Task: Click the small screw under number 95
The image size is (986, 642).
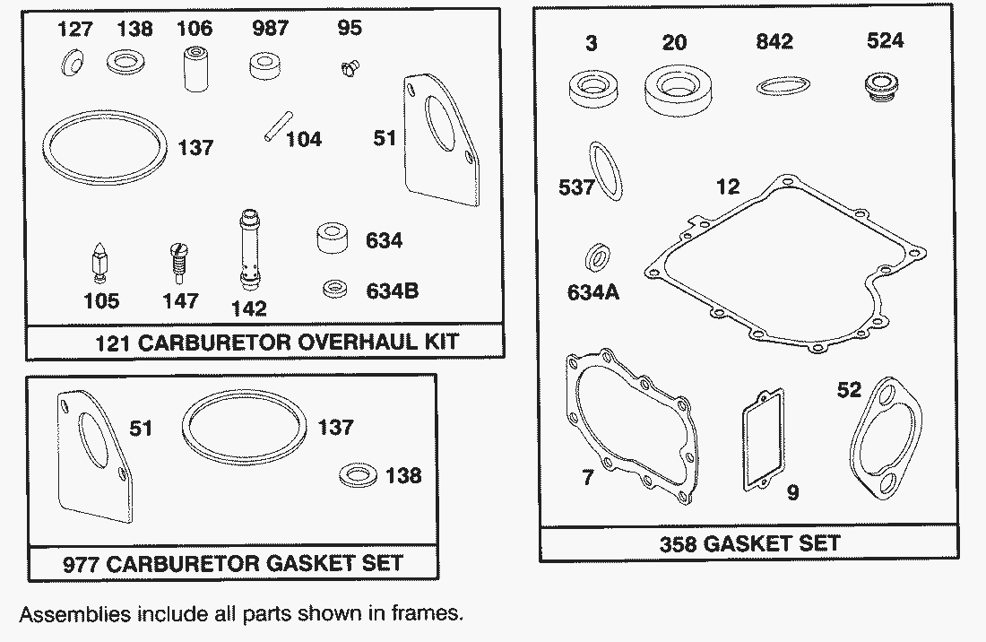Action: coord(349,67)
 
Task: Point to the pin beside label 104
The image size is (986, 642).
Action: coord(278,126)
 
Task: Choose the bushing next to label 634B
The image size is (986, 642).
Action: coord(334,290)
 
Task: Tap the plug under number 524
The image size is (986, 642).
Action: coord(882,87)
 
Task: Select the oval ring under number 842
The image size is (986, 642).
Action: coord(783,85)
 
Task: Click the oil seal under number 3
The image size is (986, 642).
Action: coord(592,89)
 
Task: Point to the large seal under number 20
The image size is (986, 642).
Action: coord(679,92)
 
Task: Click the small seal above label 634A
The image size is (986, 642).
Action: coord(597,257)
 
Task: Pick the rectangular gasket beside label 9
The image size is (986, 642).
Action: coord(764,438)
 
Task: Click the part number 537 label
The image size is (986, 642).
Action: coord(576,187)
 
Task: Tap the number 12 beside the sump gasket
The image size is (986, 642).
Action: coord(728,187)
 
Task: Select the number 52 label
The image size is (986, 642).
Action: coord(848,390)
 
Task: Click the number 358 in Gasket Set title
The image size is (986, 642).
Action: coord(678,543)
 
